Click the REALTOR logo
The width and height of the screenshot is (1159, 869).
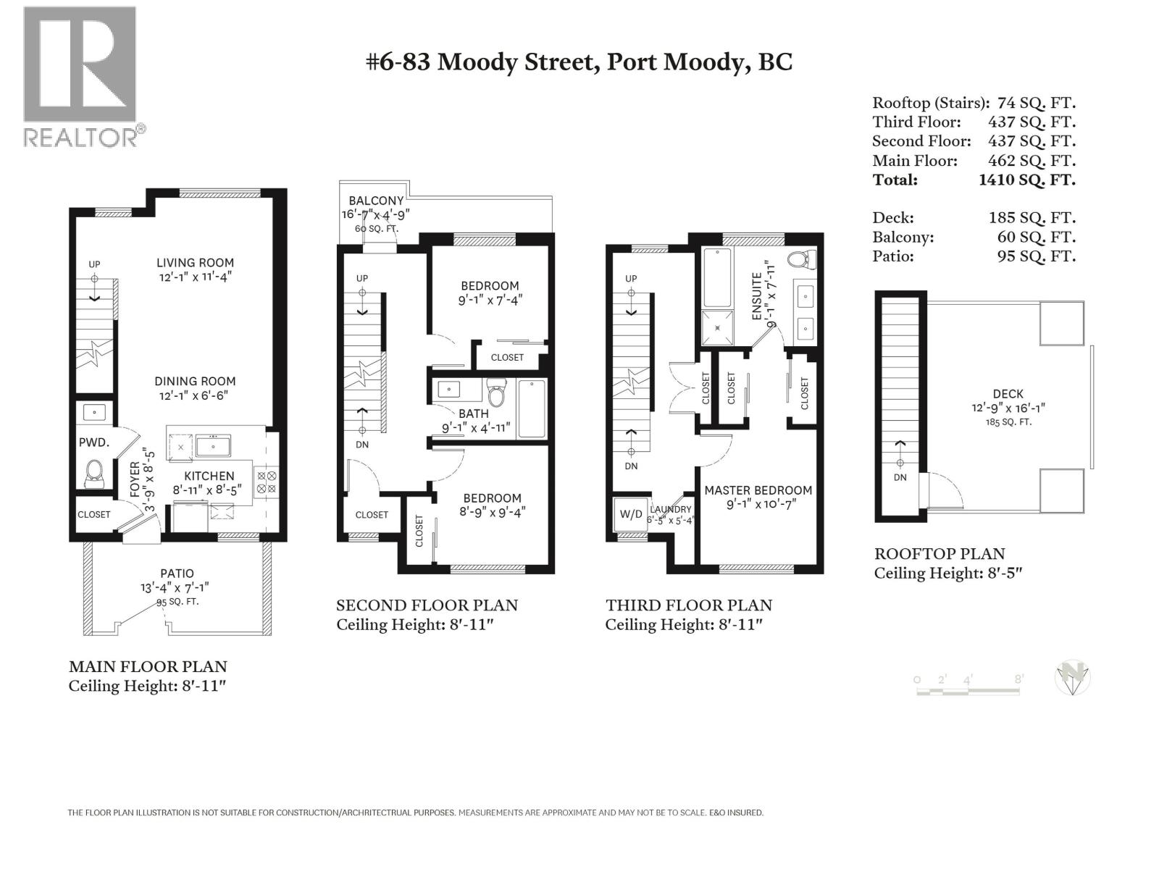[80, 76]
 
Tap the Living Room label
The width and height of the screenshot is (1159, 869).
[195, 263]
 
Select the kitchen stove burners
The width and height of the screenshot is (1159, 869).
[267, 482]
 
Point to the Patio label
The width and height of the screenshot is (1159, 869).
[177, 574]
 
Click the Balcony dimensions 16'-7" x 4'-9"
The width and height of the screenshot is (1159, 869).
[376, 214]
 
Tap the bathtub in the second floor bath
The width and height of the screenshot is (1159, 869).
[532, 409]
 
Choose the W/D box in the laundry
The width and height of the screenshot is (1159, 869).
[630, 514]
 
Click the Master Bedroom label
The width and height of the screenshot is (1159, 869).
[758, 490]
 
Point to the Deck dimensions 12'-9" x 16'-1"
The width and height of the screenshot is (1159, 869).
[1008, 408]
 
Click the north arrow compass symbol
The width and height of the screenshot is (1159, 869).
[1073, 679]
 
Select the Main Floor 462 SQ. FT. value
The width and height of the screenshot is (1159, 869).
[1032, 161]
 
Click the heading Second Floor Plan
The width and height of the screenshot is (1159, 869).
[427, 605]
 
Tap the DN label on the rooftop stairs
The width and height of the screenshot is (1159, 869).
[900, 477]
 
